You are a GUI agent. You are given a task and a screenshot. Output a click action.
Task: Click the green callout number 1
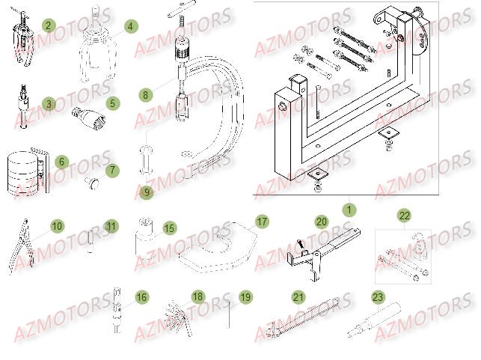tap(346, 200)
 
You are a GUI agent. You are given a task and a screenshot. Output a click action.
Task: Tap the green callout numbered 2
tap(48, 25)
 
